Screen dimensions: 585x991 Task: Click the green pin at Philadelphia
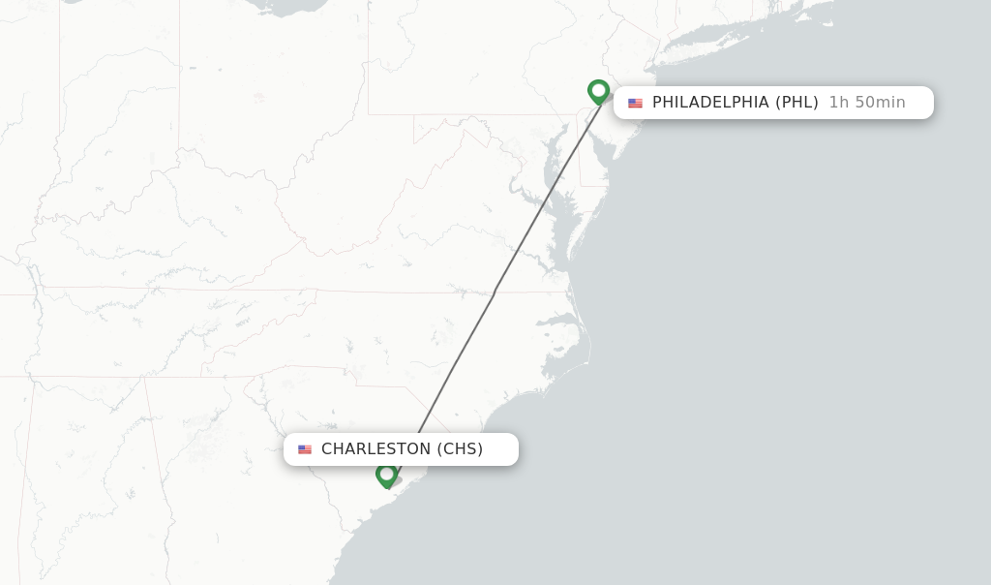point(598,91)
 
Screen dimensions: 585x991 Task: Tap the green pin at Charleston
point(386,475)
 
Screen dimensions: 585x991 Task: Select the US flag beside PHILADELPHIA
point(635,104)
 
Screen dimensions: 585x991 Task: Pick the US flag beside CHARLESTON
point(305,449)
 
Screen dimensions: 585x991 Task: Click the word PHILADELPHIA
point(710,103)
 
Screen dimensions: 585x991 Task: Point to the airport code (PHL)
point(796,103)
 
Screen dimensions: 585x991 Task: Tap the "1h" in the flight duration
point(838,103)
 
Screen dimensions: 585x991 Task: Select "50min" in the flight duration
point(881,103)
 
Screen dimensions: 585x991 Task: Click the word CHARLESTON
point(375,449)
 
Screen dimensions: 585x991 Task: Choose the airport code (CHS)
point(460,449)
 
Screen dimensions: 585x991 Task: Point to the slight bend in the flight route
point(494,294)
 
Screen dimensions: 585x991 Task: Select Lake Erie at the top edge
point(290,6)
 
